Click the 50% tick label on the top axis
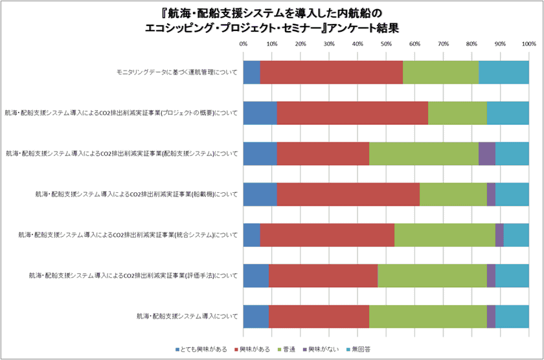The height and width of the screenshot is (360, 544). coord(386,43)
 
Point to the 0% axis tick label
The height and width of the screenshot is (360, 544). coord(244,43)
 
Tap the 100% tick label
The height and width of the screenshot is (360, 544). coord(528,43)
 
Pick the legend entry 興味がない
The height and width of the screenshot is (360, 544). coord(321,350)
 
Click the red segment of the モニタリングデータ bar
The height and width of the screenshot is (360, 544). coord(331,73)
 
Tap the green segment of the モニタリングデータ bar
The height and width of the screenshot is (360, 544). coord(440,73)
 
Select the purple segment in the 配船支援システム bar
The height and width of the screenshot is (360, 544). coord(487,153)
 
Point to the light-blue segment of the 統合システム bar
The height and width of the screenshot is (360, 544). coord(516,234)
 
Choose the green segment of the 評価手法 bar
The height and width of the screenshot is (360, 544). coord(432,275)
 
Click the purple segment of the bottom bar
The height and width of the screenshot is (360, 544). coord(491,316)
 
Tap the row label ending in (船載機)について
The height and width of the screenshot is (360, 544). coord(137,194)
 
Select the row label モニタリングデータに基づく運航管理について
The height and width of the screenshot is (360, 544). coord(174,73)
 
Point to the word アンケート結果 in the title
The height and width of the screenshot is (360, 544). coord(367,28)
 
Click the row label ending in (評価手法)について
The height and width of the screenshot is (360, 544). coord(133,275)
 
